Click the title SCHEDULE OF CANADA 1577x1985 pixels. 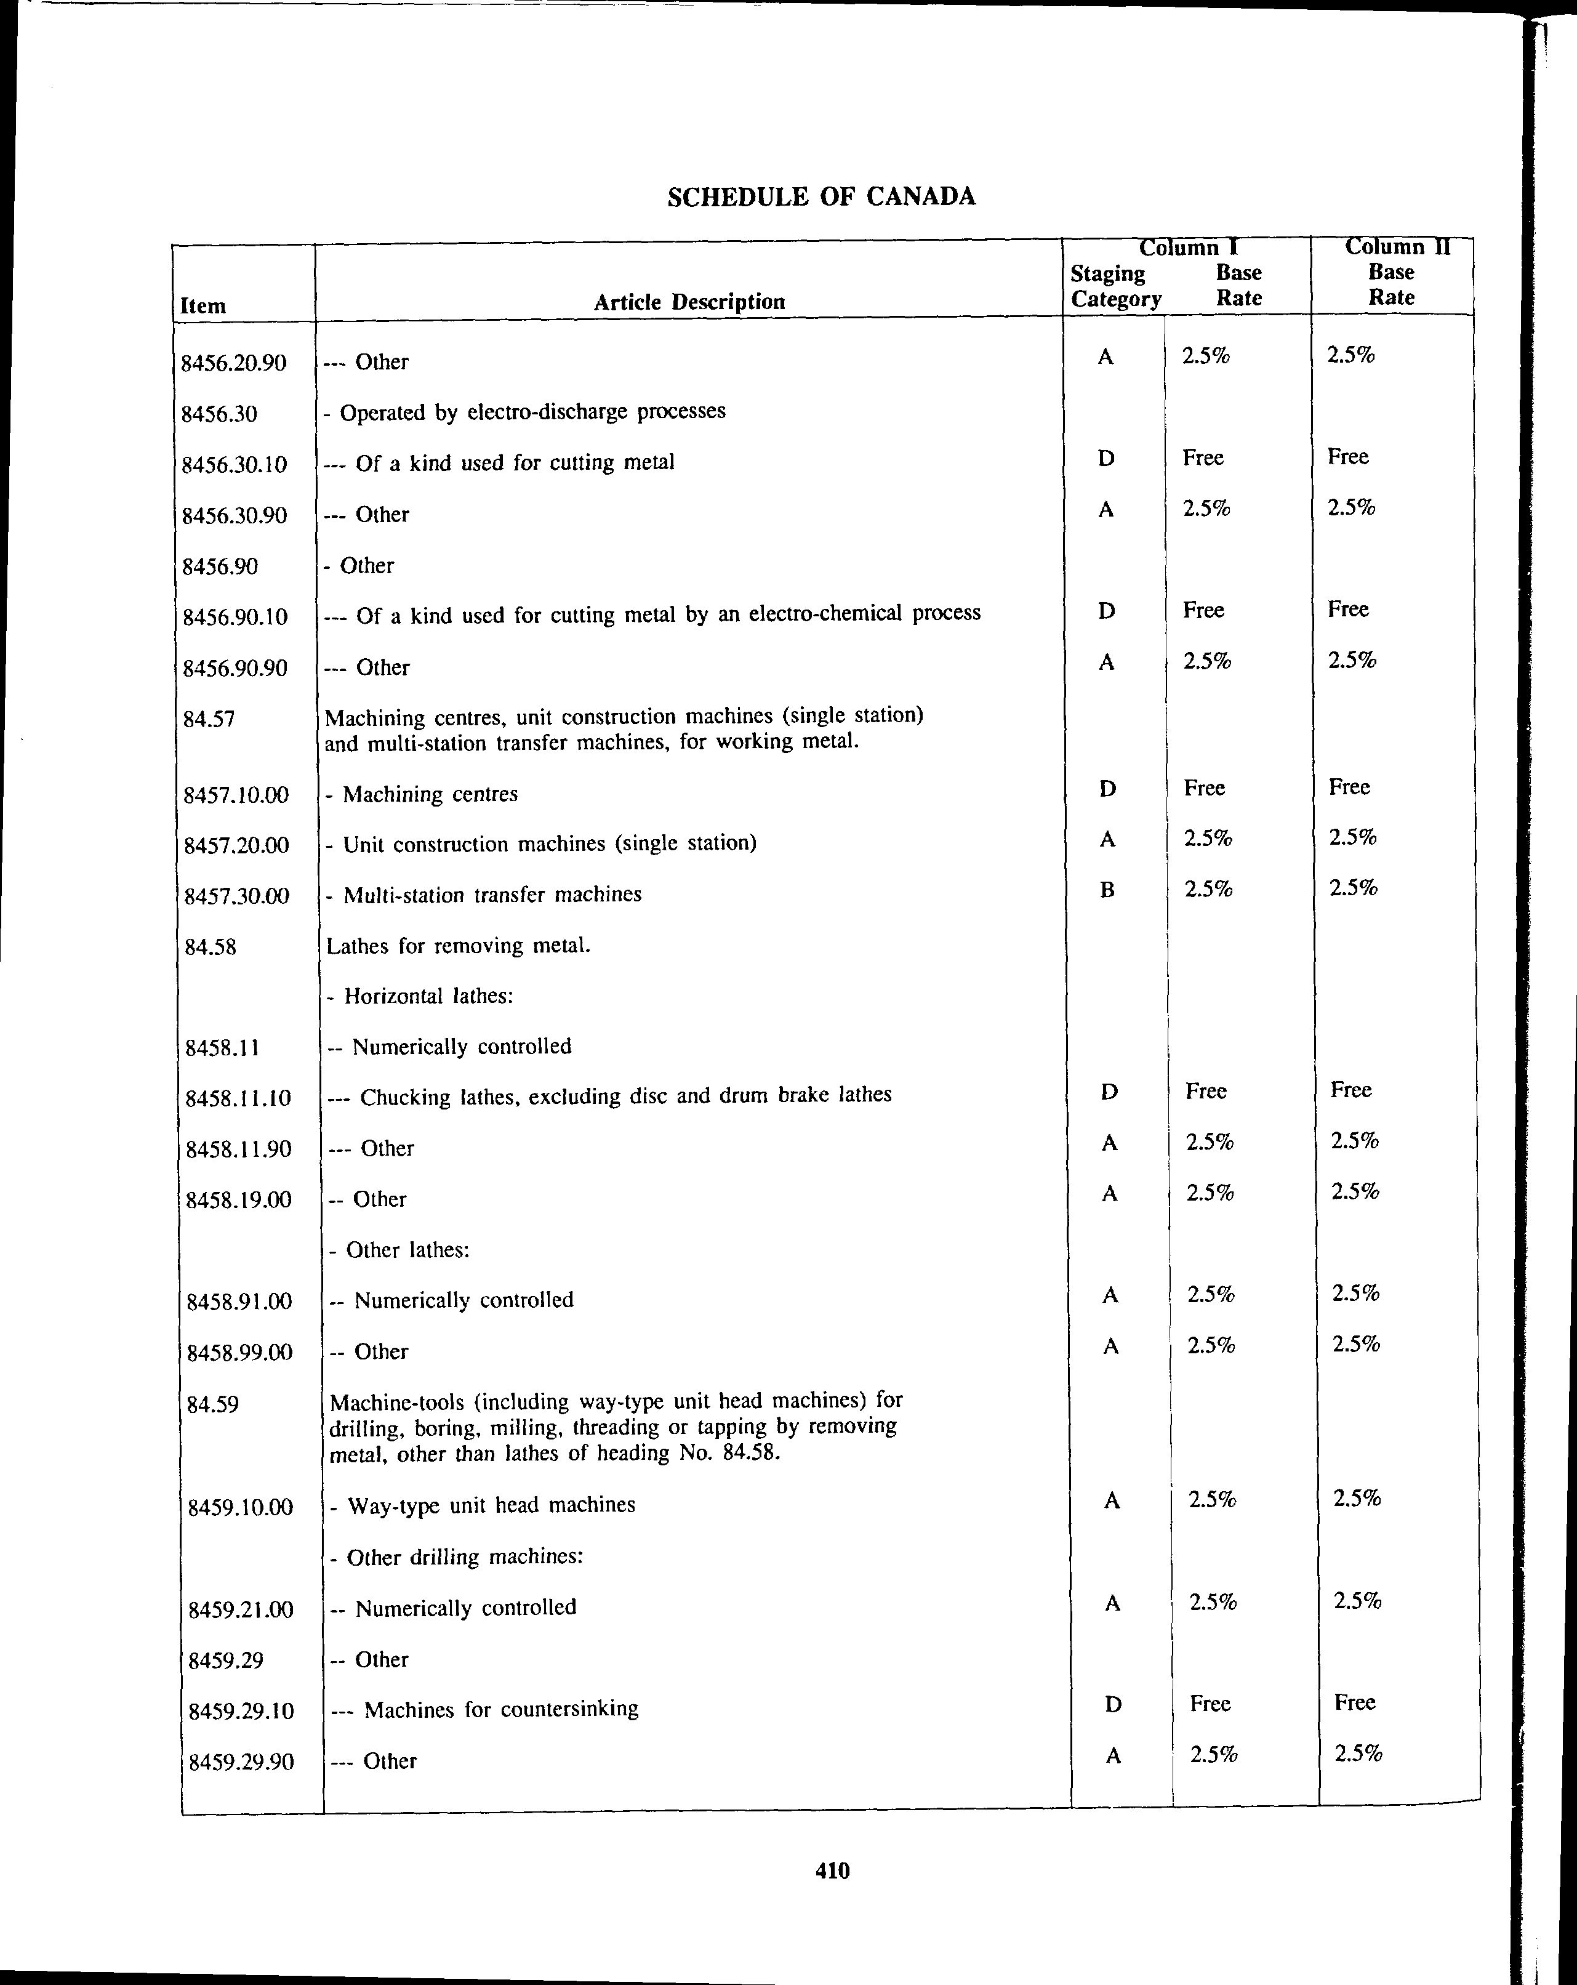(x=821, y=197)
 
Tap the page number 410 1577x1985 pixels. (x=832, y=1870)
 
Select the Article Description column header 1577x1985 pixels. (x=689, y=302)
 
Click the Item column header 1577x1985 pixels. (x=203, y=305)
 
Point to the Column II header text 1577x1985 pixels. (x=1397, y=247)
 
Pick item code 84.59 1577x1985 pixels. (x=212, y=1404)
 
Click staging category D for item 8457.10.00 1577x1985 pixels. (x=1107, y=788)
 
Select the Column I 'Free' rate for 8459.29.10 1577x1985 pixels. (x=1210, y=1703)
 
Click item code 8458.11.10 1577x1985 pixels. (x=238, y=1097)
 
